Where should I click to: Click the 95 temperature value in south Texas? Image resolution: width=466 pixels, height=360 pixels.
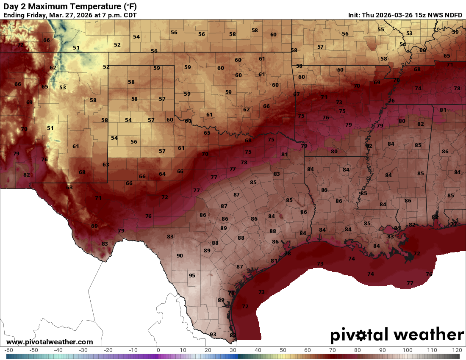tap(192, 275)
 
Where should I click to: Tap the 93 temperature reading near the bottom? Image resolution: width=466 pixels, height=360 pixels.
tap(213, 335)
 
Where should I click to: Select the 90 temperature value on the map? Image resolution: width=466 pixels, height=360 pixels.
tap(180, 255)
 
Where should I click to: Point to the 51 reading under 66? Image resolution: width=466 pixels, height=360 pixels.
tap(76, 48)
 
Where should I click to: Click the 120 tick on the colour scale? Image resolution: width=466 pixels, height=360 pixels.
tap(456, 350)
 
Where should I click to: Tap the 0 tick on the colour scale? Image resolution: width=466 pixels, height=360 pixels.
tap(158, 350)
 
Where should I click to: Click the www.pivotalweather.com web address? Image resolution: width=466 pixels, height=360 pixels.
tap(50, 342)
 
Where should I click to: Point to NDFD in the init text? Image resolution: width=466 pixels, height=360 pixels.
tap(453, 15)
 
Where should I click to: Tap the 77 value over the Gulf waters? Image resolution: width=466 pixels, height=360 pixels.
tap(410, 283)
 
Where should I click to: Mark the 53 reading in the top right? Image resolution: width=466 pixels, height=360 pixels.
tap(409, 33)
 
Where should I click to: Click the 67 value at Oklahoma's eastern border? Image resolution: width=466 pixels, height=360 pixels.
tap(297, 94)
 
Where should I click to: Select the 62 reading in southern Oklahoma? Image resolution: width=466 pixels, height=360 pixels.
tap(246, 109)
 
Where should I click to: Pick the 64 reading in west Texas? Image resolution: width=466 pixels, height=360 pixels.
tap(162, 174)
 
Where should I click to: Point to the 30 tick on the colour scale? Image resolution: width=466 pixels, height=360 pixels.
tap(233, 350)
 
